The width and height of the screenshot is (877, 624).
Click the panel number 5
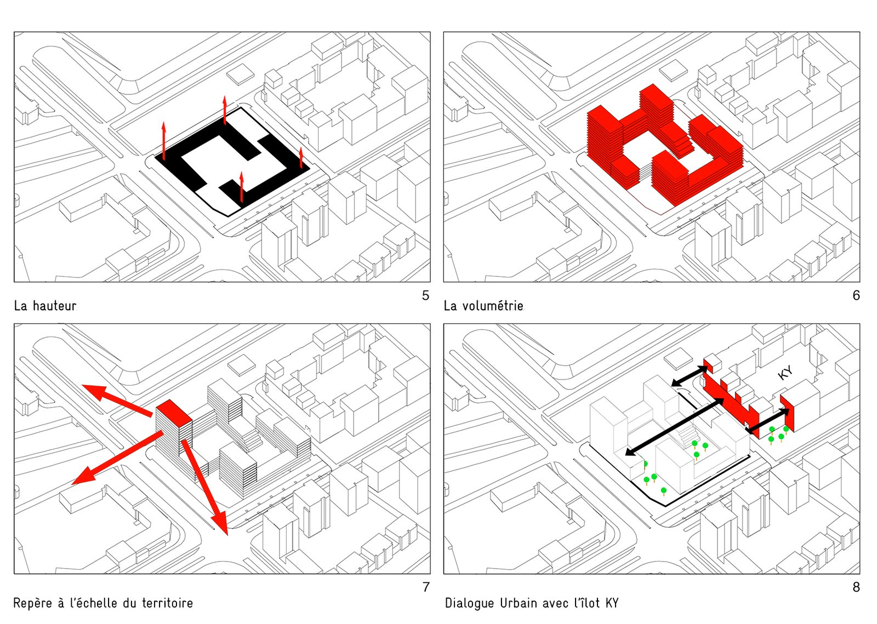pyautogui.click(x=425, y=296)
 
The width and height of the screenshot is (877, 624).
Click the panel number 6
pyautogui.click(x=856, y=296)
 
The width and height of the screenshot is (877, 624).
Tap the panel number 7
pyautogui.click(x=426, y=587)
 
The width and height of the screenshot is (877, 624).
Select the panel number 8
pyautogui.click(x=856, y=587)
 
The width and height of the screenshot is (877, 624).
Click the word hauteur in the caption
pyautogui.click(x=54, y=306)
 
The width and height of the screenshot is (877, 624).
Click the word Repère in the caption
pyautogui.click(x=32, y=603)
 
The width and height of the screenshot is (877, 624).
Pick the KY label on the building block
pyautogui.click(x=785, y=373)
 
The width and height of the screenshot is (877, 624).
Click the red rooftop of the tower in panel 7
pyautogui.click(x=174, y=411)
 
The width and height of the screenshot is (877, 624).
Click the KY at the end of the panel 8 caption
pyautogui.click(x=612, y=603)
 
